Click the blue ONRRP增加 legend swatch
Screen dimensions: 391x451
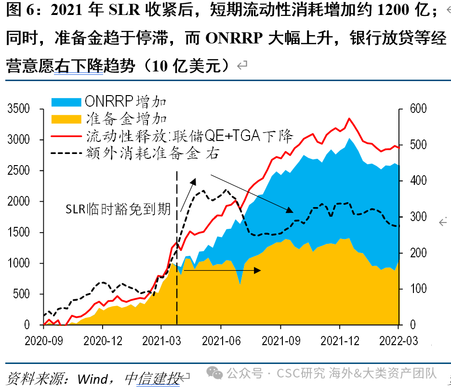66,101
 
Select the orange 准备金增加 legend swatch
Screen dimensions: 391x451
66,118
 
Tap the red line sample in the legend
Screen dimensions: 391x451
66,135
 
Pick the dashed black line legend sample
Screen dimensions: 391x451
66,153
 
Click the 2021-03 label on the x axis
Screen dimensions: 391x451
161,341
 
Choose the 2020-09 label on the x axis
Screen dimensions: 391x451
43,341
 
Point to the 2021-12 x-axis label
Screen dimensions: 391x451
339,341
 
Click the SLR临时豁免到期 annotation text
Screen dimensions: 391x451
118,209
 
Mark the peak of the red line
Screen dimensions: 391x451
349,118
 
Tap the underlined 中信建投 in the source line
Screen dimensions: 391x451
152,377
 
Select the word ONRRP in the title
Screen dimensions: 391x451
235,38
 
